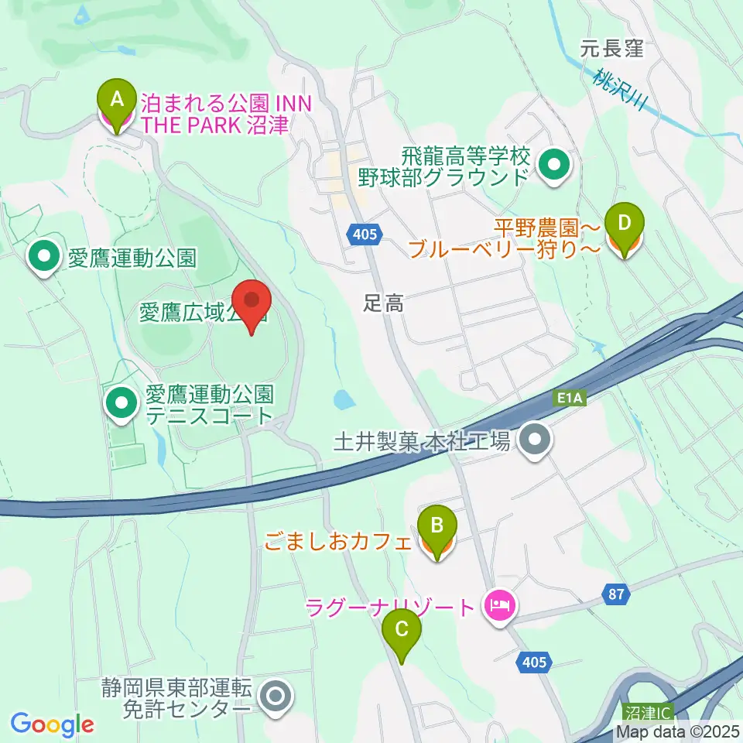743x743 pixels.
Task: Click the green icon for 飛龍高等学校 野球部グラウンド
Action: [555, 165]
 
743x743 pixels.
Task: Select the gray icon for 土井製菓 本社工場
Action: [535, 441]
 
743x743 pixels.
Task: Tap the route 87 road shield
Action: [615, 594]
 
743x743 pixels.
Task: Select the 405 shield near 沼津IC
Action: [533, 662]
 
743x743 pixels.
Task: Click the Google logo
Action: [52, 724]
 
